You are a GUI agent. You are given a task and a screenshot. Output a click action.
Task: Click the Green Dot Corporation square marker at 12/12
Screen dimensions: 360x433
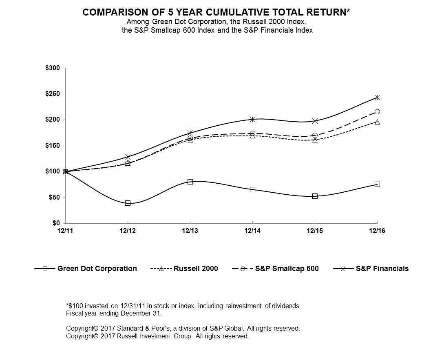128,203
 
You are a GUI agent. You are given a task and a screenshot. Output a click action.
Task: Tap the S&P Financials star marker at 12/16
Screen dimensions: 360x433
377,97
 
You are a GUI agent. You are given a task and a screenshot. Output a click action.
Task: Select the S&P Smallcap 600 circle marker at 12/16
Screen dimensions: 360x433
377,111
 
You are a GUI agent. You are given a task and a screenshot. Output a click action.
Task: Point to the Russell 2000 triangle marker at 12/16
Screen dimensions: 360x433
377,122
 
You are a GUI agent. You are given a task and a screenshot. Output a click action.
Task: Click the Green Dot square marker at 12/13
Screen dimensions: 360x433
190,182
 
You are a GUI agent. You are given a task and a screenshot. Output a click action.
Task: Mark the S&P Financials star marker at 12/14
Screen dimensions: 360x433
252,119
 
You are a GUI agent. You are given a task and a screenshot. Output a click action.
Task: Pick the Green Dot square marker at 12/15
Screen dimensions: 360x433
315,196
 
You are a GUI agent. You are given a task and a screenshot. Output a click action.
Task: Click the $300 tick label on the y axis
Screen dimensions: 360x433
53,68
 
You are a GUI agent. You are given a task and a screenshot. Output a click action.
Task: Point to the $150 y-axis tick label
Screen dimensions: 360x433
53,146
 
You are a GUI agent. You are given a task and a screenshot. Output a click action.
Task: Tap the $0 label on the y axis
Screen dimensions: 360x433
56,223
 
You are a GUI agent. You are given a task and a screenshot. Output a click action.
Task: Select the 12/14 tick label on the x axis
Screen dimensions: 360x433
252,231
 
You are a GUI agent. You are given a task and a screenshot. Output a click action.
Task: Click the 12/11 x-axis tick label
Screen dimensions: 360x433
65,231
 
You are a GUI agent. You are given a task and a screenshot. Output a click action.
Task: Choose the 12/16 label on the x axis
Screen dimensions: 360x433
377,231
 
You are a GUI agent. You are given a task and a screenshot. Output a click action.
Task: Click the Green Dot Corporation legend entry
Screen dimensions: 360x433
97,269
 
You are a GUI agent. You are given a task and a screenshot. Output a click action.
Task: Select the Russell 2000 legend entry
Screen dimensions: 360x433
196,269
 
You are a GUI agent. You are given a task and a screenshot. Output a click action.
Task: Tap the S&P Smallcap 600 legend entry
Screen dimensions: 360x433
287,269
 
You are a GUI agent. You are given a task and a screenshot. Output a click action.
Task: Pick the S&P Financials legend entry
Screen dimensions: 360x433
382,269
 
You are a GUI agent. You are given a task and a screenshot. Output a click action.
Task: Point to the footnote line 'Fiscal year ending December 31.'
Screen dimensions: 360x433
114,313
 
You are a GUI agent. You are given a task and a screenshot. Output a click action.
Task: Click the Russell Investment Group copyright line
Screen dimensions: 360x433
157,336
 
